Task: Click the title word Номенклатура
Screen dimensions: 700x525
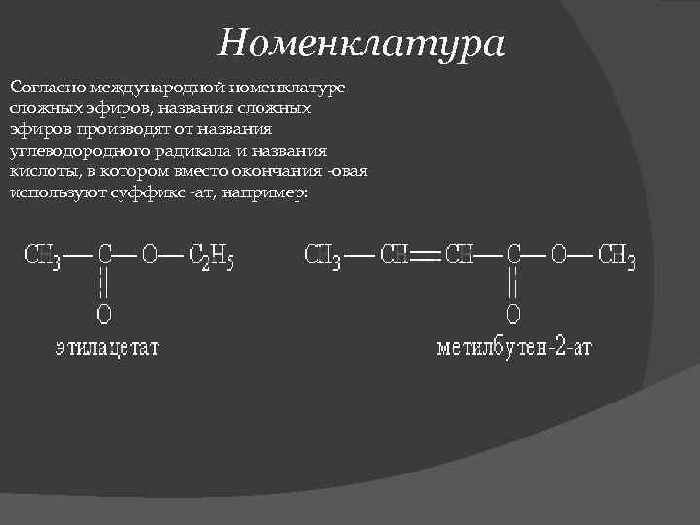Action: tap(362, 42)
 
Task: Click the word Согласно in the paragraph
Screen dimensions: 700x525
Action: tap(45, 88)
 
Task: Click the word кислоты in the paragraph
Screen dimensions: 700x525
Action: tap(41, 172)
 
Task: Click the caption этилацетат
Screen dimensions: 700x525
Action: tap(107, 347)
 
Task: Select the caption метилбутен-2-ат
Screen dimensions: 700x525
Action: tap(514, 347)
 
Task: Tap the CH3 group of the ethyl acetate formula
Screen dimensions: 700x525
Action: tap(45, 258)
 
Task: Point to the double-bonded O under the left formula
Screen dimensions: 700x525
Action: tap(103, 314)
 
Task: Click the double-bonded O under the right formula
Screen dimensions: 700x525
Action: tap(513, 314)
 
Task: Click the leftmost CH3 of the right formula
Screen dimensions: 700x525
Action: tap(324, 258)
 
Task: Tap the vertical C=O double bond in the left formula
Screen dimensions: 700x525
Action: tap(103, 285)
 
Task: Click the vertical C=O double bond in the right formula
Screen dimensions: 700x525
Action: tap(513, 285)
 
